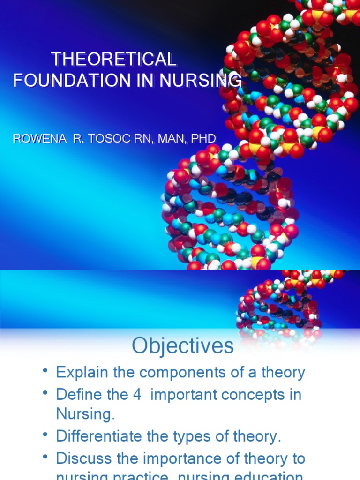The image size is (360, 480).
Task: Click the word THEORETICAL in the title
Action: (x=113, y=60)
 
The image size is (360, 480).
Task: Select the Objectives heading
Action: (x=183, y=346)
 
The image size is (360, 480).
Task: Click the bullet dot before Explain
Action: (x=45, y=371)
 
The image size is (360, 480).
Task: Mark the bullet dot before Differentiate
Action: (x=45, y=435)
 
